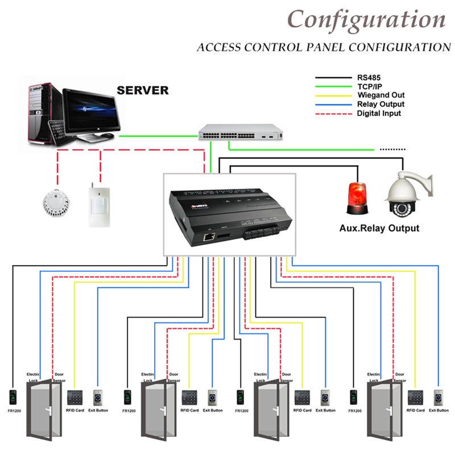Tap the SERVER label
point(142,90)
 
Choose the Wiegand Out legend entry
point(380,95)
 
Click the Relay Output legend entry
point(380,104)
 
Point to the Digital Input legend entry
point(379,113)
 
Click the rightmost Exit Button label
point(439,410)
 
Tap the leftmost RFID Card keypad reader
point(74,396)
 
